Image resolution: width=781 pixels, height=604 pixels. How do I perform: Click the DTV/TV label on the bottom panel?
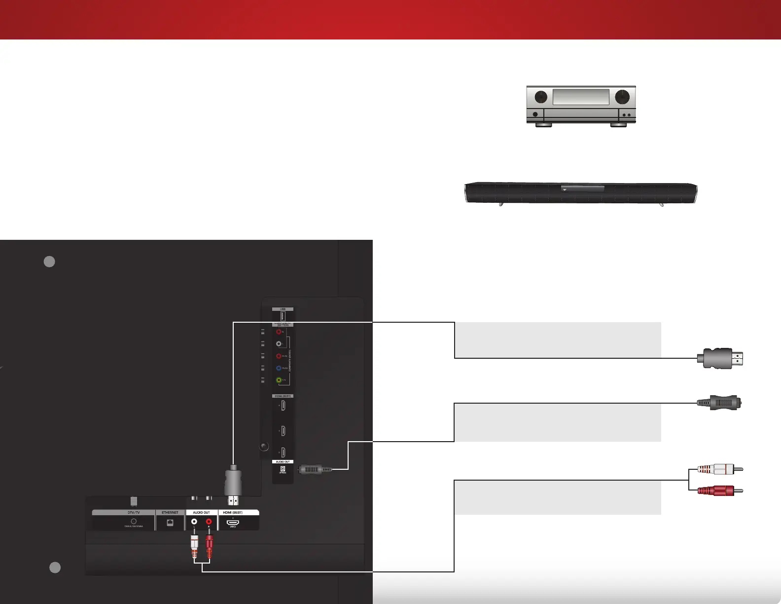pyautogui.click(x=134, y=513)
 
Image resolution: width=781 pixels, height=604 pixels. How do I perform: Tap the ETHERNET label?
pyautogui.click(x=170, y=513)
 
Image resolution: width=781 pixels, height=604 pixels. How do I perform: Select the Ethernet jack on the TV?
pyautogui.click(x=170, y=523)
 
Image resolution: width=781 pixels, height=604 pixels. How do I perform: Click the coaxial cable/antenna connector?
pyautogui.click(x=134, y=522)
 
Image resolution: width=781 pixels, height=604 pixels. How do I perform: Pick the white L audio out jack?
pyautogui.click(x=194, y=522)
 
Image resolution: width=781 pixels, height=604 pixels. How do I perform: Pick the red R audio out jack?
pyautogui.click(x=209, y=522)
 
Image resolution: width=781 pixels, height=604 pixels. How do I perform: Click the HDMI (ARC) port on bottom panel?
pyautogui.click(x=233, y=522)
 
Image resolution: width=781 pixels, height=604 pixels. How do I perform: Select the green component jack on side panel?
pyautogui.click(x=279, y=380)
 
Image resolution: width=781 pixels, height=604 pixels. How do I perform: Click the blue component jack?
pyautogui.click(x=279, y=368)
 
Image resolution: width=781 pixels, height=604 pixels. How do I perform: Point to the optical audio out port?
pyautogui.click(x=283, y=469)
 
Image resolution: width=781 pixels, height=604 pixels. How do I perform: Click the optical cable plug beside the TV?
pyautogui.click(x=315, y=469)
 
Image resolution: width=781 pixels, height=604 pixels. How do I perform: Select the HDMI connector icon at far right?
pyautogui.click(x=720, y=358)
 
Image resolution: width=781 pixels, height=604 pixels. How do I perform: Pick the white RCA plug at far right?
pyautogui.click(x=720, y=469)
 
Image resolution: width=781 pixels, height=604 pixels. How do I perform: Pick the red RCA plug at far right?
pyautogui.click(x=720, y=491)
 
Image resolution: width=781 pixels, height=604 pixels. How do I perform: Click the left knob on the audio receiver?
pyautogui.click(x=541, y=97)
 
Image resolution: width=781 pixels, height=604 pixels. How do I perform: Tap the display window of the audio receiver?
pyautogui.click(x=581, y=97)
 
